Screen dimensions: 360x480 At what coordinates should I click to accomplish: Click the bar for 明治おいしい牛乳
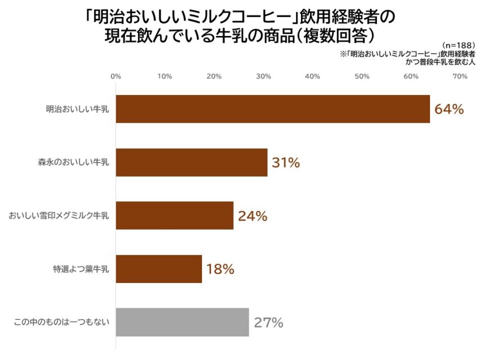point(273,109)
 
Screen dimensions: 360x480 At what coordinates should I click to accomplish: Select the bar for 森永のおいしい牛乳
point(191,163)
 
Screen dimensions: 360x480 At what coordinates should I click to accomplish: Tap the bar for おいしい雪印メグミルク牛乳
point(174,216)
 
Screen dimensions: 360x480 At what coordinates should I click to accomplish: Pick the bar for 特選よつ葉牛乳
point(159,269)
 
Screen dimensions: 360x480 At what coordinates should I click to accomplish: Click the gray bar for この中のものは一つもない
point(182,322)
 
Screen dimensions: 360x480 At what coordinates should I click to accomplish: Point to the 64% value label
point(449,109)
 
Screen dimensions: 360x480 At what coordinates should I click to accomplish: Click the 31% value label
point(286,163)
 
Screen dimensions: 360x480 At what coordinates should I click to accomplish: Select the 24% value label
point(252,216)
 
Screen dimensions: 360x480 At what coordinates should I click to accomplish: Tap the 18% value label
point(220,269)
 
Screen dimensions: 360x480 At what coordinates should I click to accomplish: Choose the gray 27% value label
point(268,322)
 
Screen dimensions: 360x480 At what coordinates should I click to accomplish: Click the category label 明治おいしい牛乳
point(78,109)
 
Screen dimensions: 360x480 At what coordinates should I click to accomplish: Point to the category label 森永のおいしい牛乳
point(74,163)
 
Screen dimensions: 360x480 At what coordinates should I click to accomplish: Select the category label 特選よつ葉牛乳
point(82,269)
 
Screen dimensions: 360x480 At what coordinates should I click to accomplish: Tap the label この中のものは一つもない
point(61,322)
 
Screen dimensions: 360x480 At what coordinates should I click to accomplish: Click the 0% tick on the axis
point(116,76)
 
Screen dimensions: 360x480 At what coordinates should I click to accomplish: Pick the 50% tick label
point(362,76)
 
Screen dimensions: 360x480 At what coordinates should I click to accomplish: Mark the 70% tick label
point(460,76)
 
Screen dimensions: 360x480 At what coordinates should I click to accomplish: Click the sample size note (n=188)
point(459,44)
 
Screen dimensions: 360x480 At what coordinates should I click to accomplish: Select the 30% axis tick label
point(263,76)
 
